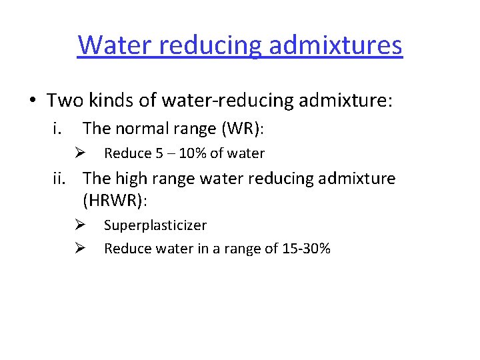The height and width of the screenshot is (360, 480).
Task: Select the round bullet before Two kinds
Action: pyautogui.click(x=32, y=102)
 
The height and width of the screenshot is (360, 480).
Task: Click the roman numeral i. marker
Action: pyautogui.click(x=59, y=127)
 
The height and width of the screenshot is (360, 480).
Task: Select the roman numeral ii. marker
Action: pyautogui.click(x=63, y=179)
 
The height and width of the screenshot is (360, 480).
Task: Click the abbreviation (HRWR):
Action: pyautogui.click(x=118, y=199)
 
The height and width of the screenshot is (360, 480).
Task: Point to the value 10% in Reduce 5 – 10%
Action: pyautogui.click(x=192, y=153)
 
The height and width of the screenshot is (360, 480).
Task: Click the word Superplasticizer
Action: pyautogui.click(x=155, y=225)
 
